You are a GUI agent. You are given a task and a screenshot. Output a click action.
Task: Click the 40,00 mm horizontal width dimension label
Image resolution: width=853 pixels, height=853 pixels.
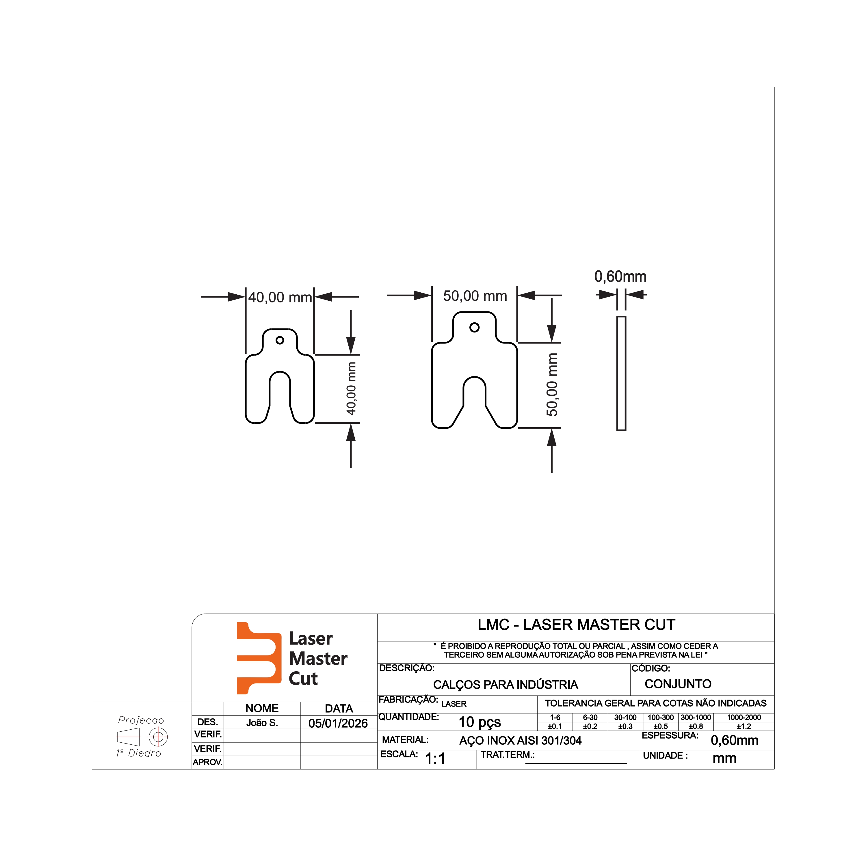coord(280,298)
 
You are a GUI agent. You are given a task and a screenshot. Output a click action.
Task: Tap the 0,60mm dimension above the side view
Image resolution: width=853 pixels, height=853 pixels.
coord(620,277)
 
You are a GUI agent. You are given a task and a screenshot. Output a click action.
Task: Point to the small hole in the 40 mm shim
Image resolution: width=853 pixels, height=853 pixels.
coord(280,340)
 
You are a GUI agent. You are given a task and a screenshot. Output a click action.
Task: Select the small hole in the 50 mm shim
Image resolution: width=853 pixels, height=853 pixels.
coord(475,327)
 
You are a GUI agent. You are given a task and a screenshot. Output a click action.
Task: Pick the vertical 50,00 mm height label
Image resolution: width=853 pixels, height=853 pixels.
coord(552,384)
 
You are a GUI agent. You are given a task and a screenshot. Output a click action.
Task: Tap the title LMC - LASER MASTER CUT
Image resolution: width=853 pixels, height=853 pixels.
coord(576,625)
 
